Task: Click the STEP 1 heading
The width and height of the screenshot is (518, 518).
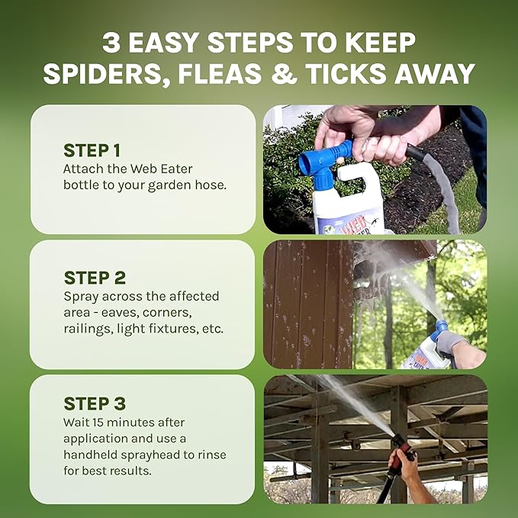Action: (93, 150)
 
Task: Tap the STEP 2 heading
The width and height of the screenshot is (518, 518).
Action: (95, 278)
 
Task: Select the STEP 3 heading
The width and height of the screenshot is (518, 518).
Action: (95, 404)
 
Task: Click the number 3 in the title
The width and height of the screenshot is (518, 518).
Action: (111, 42)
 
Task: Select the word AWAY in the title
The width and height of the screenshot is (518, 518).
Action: (429, 74)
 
